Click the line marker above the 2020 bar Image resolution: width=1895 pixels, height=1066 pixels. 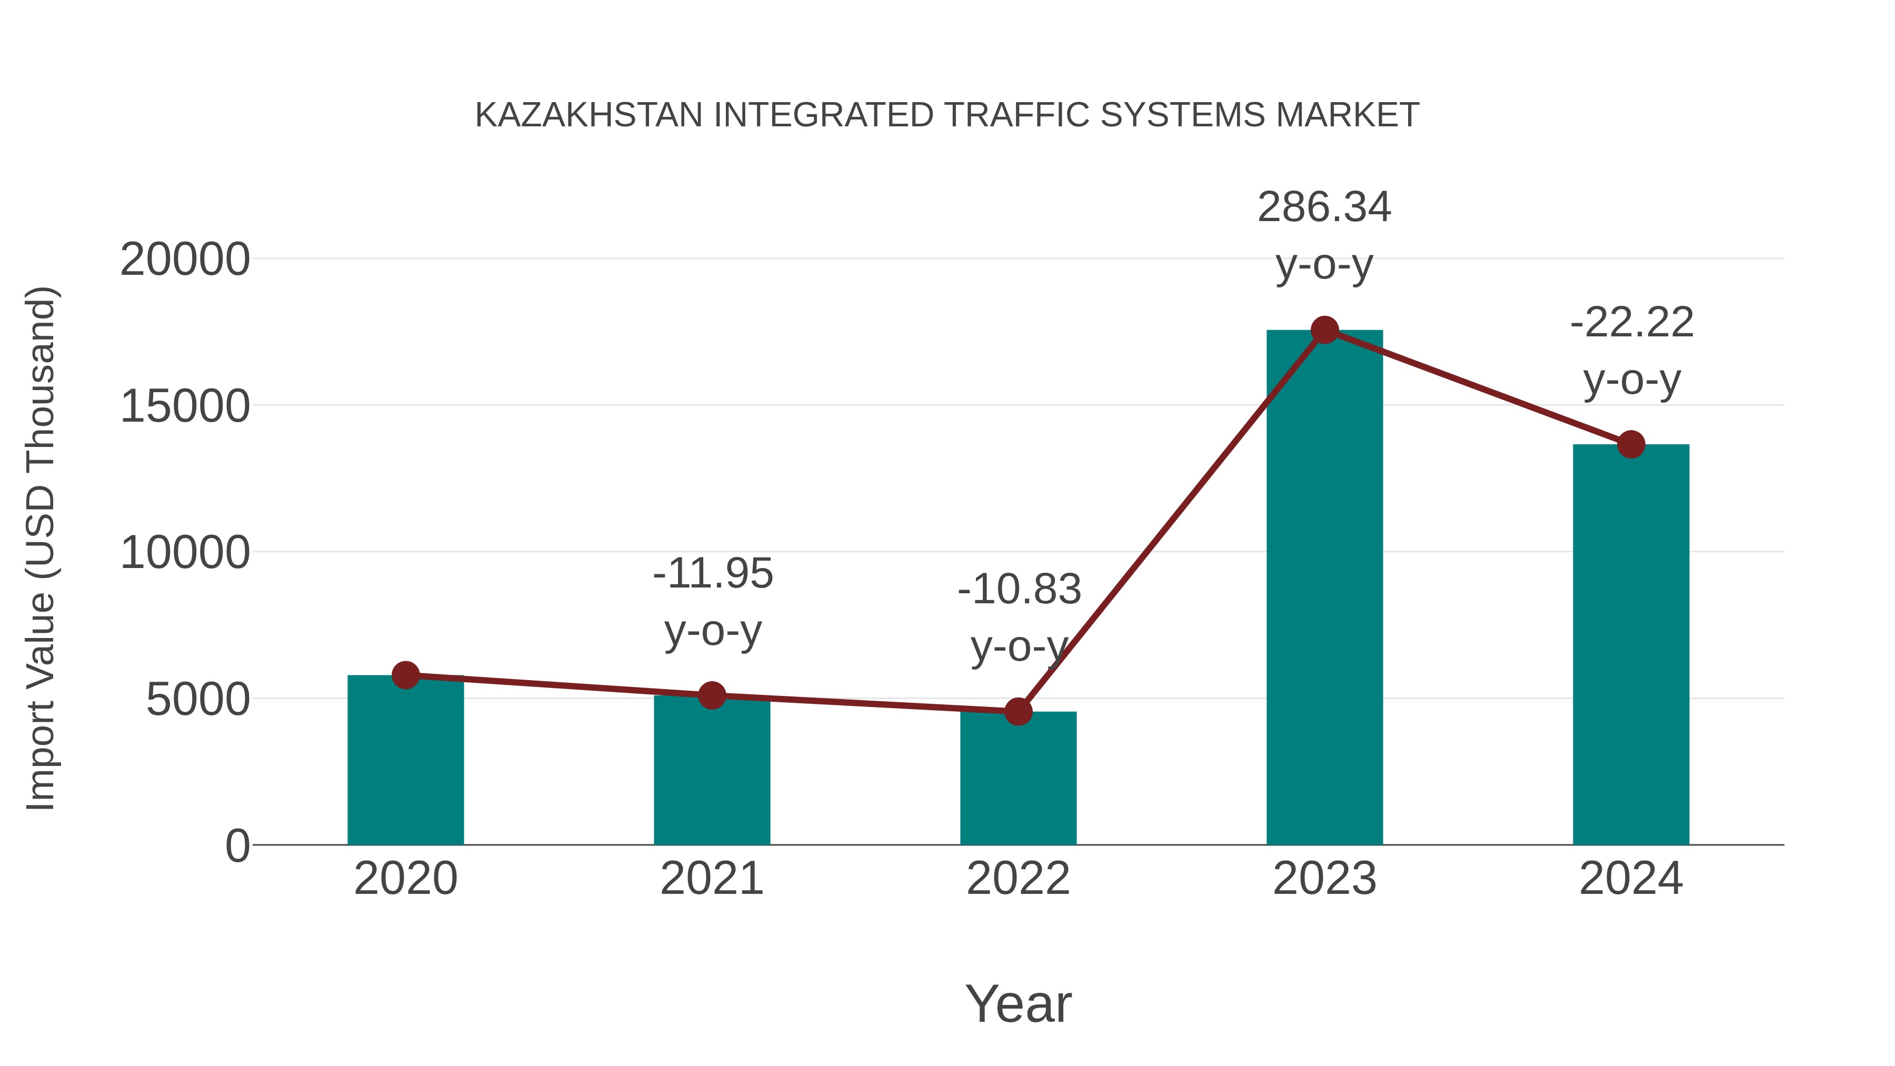point(405,675)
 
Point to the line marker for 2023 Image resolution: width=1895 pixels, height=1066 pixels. point(1324,330)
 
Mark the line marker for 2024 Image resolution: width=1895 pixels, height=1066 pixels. point(1630,444)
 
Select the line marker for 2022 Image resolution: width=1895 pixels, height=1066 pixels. point(1018,711)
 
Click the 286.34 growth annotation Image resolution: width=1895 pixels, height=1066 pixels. point(1324,207)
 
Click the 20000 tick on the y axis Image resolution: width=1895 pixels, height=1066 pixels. point(185,260)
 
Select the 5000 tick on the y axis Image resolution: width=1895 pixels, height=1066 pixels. point(198,700)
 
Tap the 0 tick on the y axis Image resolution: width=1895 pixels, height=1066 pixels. point(237,845)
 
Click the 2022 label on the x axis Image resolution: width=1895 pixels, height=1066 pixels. point(1018,879)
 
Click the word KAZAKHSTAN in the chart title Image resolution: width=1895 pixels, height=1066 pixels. point(589,115)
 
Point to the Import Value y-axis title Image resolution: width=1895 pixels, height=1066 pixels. point(41,548)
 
